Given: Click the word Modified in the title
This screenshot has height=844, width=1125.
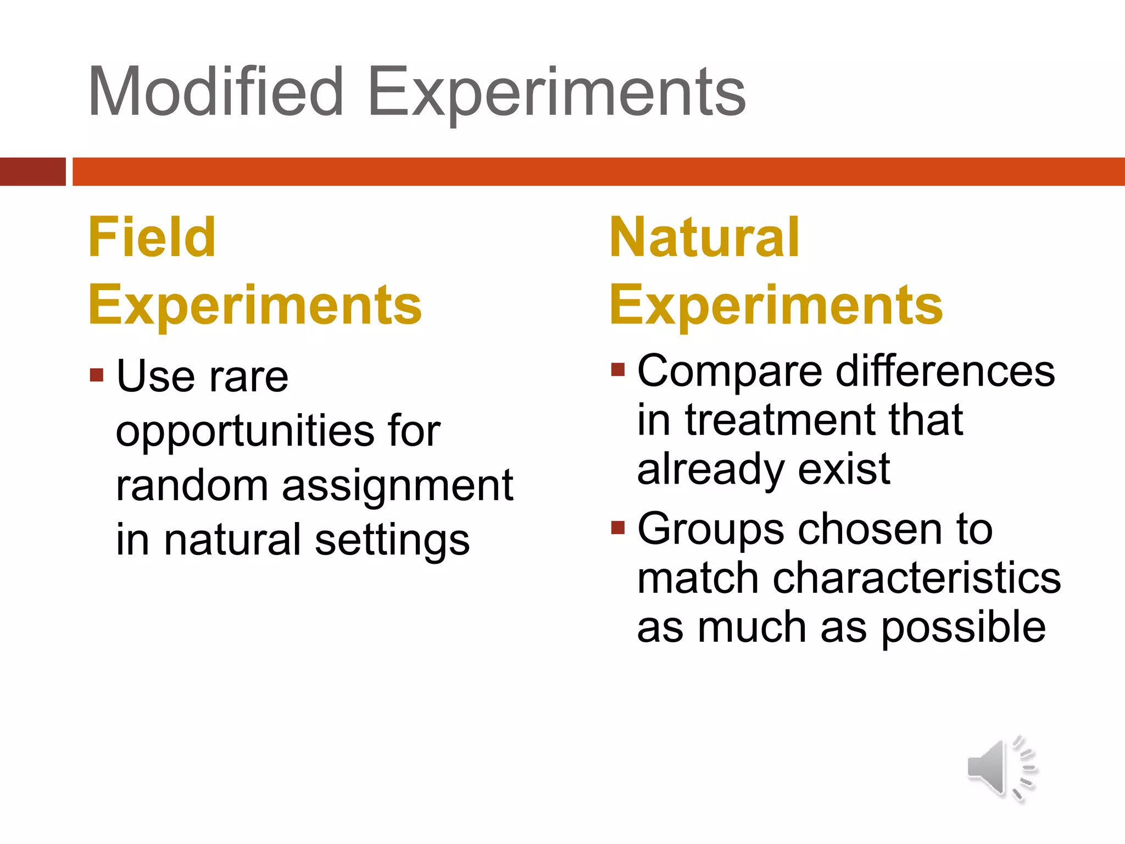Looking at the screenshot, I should click(x=216, y=91).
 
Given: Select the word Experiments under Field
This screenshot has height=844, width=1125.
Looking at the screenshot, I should click(x=255, y=306).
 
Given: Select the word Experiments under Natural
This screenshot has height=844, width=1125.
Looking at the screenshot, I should click(x=776, y=306).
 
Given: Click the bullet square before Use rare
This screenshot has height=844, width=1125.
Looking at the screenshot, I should click(x=97, y=375).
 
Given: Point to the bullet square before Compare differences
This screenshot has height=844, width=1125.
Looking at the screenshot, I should click(x=618, y=369).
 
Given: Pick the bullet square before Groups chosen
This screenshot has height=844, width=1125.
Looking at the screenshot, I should click(x=618, y=527).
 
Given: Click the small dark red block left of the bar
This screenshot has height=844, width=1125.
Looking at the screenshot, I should click(x=32, y=171).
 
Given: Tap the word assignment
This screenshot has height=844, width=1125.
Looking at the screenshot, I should click(x=397, y=486).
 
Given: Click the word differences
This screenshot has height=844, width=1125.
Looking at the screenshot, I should click(x=945, y=371).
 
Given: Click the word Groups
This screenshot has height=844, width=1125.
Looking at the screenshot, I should click(x=710, y=529).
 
